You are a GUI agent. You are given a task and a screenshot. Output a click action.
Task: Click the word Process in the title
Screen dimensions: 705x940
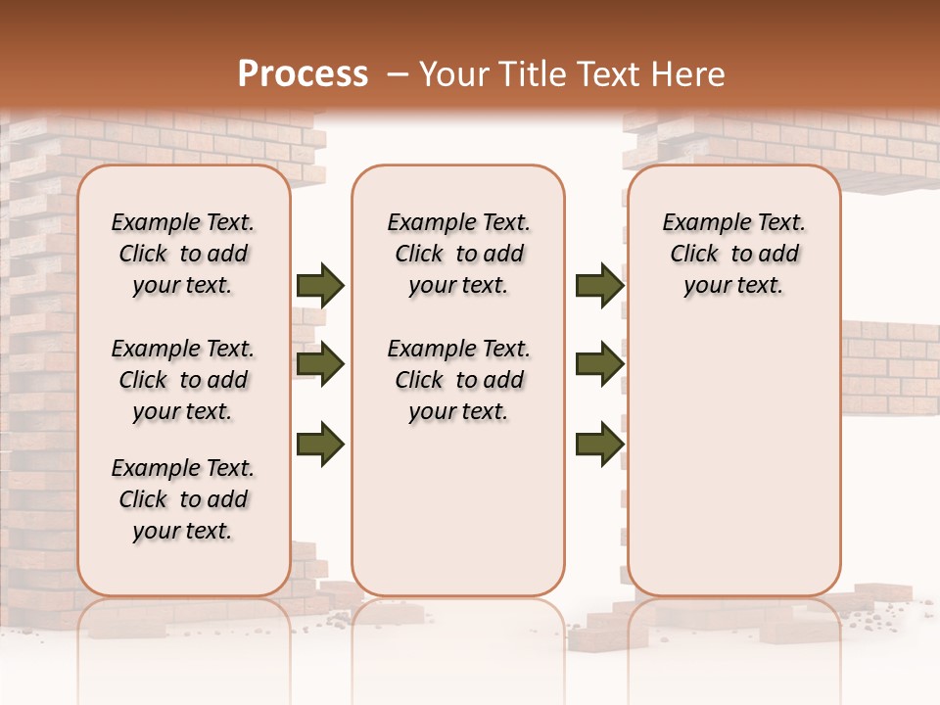pyautogui.click(x=303, y=74)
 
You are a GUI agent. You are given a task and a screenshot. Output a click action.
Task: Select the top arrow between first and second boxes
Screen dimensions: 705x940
pyautogui.click(x=320, y=286)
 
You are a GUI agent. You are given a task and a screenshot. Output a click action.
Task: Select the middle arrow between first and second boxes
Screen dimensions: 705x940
pyautogui.click(x=320, y=365)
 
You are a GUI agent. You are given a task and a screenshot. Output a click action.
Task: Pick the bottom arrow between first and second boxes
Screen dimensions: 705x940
pyautogui.click(x=320, y=445)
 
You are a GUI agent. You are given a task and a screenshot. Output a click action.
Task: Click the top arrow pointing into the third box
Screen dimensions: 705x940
pyautogui.click(x=599, y=286)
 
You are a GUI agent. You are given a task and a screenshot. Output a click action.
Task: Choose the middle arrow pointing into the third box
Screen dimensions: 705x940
pyautogui.click(x=599, y=365)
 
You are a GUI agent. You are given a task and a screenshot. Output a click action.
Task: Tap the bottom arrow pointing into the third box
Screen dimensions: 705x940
pyautogui.click(x=599, y=445)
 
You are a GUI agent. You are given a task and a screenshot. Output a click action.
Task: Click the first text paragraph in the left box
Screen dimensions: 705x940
pyautogui.click(x=183, y=254)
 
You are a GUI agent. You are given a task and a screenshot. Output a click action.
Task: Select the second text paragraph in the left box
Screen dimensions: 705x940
pyautogui.click(x=183, y=380)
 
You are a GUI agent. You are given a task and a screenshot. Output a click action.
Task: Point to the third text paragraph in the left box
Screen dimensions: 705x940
pyautogui.click(x=183, y=499)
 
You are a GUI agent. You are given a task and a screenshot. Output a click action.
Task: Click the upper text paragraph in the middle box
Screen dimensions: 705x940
pyautogui.click(x=459, y=254)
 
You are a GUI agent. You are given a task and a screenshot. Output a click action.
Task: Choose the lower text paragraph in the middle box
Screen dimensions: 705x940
pyautogui.click(x=459, y=380)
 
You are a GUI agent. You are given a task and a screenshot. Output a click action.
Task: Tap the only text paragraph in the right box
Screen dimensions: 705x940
pyautogui.click(x=734, y=254)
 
